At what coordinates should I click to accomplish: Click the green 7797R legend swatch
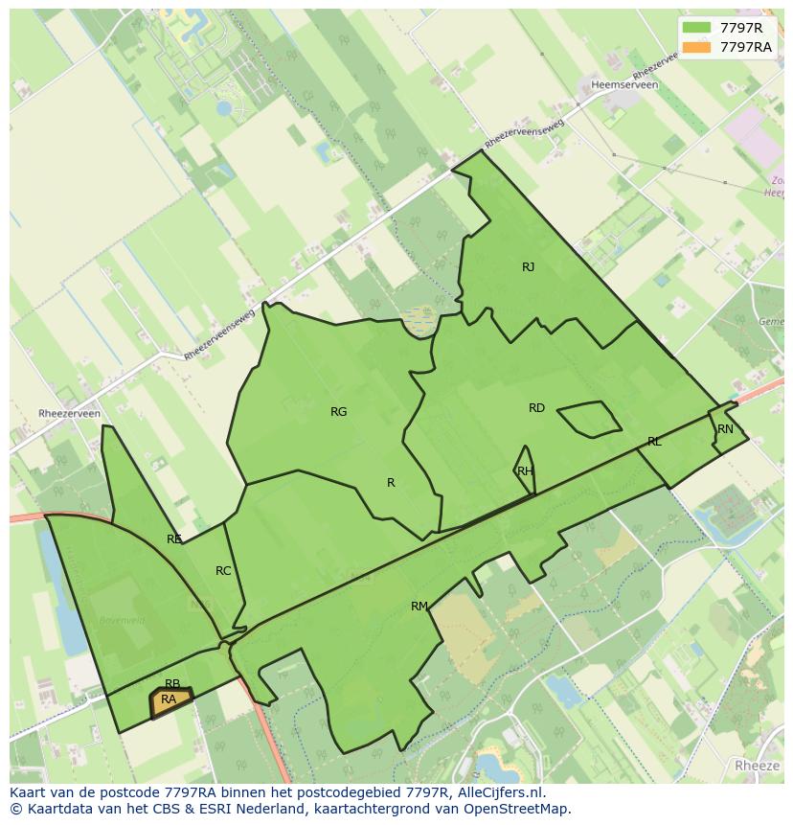[696, 28]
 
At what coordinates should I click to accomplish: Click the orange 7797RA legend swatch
[696, 47]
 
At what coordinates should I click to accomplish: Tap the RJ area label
[529, 267]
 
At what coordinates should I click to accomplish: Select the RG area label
[338, 412]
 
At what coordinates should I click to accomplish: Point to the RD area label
[536, 408]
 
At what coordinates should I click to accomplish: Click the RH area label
[525, 470]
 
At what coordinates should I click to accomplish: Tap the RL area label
[654, 442]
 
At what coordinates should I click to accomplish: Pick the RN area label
[725, 429]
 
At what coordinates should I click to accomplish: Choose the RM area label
[419, 607]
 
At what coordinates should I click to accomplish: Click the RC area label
[223, 571]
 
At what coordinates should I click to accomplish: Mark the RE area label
[174, 539]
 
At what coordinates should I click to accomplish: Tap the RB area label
[172, 684]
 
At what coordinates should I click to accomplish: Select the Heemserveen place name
[625, 85]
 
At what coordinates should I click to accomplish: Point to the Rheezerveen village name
[69, 414]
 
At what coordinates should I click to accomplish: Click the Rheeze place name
[758, 766]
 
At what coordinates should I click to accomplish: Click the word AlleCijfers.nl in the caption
[498, 792]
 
